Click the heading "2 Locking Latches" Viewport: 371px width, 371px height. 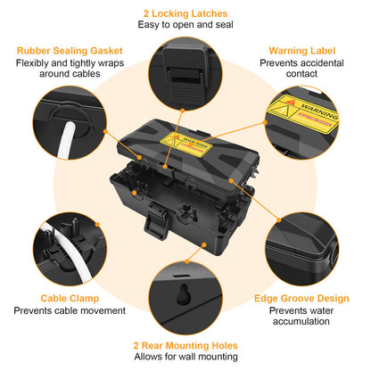click(185, 13)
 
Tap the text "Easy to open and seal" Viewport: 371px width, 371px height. click(185, 26)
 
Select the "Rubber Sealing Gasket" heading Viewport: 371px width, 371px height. click(70, 51)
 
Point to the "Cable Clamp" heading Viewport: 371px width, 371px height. click(70, 299)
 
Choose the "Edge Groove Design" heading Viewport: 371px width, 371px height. click(301, 299)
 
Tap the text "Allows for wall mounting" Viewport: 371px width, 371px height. click(185, 356)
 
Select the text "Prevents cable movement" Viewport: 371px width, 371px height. click(70, 311)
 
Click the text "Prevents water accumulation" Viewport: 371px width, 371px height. click(301, 317)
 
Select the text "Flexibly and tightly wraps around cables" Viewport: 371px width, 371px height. click(70, 70)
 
